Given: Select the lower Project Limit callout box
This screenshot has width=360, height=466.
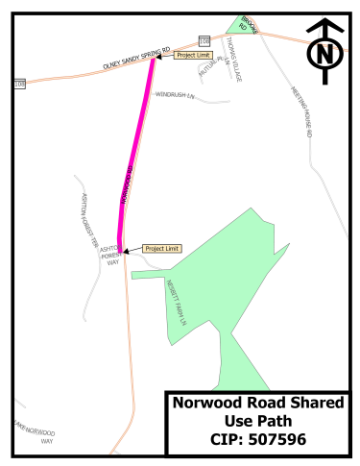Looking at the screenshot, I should point(160,248).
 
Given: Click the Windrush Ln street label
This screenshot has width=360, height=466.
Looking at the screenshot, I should point(175,96).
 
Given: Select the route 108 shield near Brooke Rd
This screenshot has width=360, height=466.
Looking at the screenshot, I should point(204,39).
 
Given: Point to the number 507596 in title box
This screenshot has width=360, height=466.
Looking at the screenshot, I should point(287,440).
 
